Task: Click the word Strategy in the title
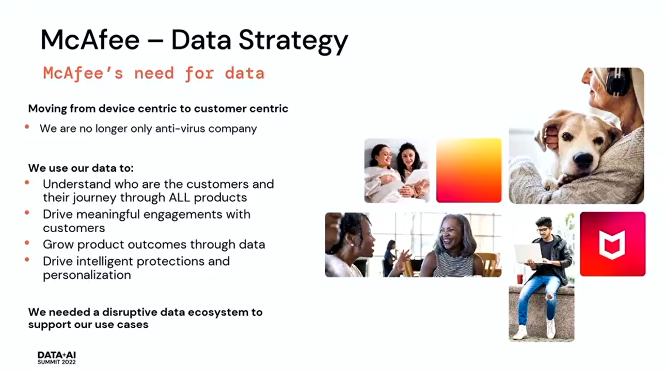click(293, 41)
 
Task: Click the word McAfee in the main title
click(90, 40)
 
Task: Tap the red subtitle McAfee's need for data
click(154, 73)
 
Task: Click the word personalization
click(87, 275)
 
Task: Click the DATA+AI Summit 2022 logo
click(56, 358)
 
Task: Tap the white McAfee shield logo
click(612, 245)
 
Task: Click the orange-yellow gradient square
click(469, 170)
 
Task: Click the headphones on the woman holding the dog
click(618, 82)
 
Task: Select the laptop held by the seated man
click(529, 253)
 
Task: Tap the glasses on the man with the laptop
click(543, 230)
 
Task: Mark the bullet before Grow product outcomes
click(27, 243)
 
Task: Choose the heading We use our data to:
click(81, 168)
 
